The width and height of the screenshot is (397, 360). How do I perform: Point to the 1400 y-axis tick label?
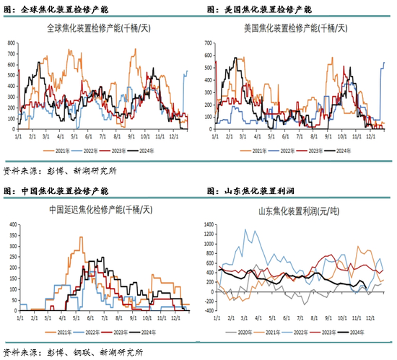pos(210,225)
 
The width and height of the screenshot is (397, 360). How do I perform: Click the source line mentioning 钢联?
pos(72,352)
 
